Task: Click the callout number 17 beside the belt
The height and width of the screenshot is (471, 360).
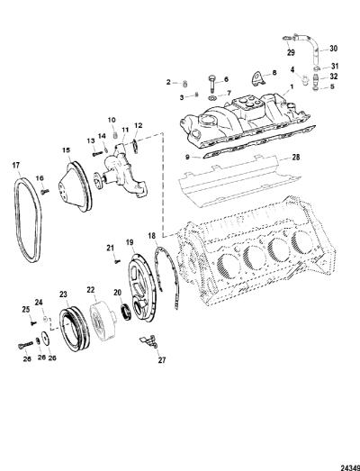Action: point(16,165)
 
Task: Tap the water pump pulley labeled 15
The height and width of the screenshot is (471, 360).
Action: point(75,186)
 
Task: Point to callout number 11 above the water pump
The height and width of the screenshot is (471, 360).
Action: point(125,130)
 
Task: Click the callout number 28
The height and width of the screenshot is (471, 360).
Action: point(296,157)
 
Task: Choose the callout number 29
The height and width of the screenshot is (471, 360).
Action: point(291,52)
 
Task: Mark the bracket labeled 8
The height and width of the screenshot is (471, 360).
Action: point(257,77)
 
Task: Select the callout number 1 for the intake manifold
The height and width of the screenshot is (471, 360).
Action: point(291,86)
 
